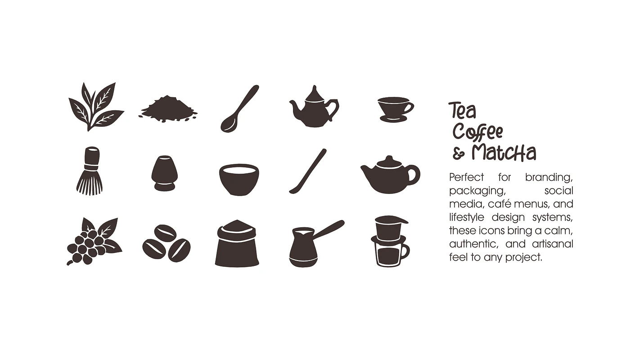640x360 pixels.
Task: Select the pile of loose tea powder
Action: [168, 110]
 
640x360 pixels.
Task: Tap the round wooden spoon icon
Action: [239, 108]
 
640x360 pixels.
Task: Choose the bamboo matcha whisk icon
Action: [90, 171]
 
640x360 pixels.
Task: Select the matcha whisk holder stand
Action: [164, 173]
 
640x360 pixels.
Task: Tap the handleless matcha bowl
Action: [239, 180]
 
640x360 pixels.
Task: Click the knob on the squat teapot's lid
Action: [389, 158]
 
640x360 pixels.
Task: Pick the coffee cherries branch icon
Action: [94, 242]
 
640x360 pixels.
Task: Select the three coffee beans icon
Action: [167, 243]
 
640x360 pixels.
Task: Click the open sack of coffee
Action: [237, 243]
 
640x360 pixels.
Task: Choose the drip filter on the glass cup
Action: [391, 229]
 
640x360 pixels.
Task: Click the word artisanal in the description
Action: [553, 244]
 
